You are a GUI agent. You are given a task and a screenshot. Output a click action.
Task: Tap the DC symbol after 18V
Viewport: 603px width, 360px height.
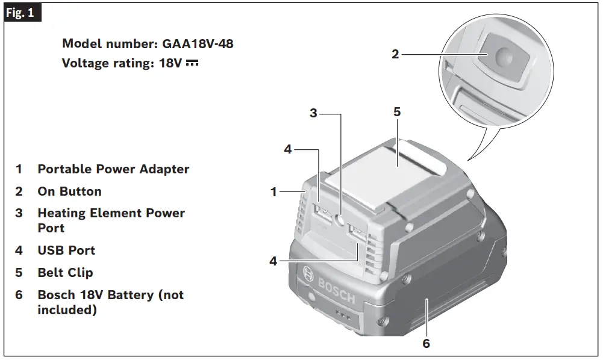pyautogui.click(x=192, y=63)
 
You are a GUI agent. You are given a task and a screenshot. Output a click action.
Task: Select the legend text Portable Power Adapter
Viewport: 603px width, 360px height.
pyautogui.click(x=113, y=169)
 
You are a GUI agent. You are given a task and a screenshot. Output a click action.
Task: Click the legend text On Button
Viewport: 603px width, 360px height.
pyautogui.click(x=69, y=191)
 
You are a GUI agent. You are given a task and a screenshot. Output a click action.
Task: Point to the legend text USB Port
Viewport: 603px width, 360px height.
pyautogui.click(x=66, y=250)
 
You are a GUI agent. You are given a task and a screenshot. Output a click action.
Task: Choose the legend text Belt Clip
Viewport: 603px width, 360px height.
pyautogui.click(x=65, y=273)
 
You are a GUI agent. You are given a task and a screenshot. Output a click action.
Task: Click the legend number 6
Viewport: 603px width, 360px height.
pyautogui.click(x=19, y=295)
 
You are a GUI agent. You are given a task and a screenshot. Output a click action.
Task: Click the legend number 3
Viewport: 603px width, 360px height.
pyautogui.click(x=19, y=213)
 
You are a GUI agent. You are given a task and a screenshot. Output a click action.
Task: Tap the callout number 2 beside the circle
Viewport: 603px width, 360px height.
pyautogui.click(x=395, y=54)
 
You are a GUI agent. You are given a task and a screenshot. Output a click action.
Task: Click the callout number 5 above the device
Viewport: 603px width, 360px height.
pyautogui.click(x=397, y=112)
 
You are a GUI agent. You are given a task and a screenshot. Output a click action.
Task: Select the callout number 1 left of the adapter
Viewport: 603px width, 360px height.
pyautogui.click(x=274, y=192)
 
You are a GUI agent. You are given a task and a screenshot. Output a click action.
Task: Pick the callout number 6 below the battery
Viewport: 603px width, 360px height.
pyautogui.click(x=426, y=344)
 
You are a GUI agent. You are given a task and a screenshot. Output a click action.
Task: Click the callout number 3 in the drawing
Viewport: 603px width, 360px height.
pyautogui.click(x=313, y=113)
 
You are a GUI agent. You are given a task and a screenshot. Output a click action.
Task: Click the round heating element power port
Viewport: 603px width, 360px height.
pyautogui.click(x=340, y=222)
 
